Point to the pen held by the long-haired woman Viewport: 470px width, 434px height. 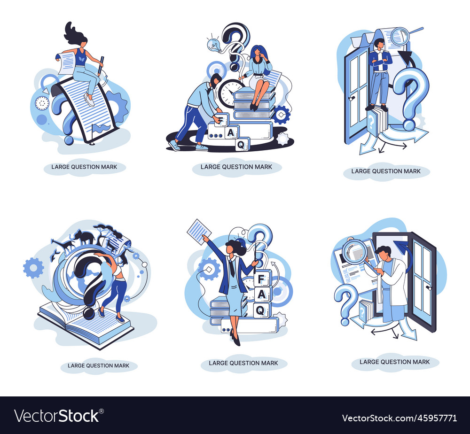click(101, 65)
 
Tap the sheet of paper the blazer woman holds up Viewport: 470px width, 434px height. click(199, 232)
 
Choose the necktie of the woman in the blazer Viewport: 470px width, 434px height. click(232, 268)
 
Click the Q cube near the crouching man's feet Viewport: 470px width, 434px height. click(242, 144)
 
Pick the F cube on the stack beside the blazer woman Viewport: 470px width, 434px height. click(262, 279)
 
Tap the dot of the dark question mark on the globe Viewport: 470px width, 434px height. click(89, 313)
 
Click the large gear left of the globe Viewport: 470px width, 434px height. click(33, 268)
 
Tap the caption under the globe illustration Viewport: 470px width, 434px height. click(98, 365)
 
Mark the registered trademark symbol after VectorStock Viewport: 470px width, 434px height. click(102, 411)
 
